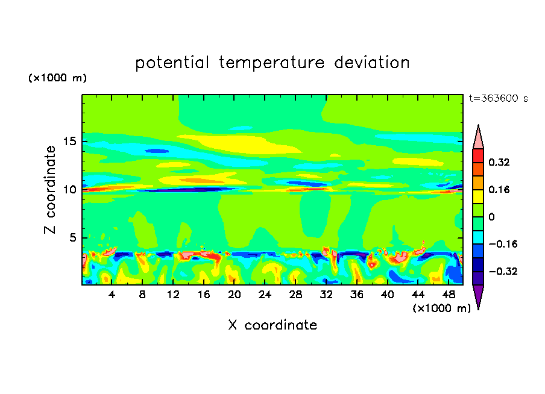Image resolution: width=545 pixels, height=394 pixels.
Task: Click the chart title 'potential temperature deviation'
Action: click(x=272, y=63)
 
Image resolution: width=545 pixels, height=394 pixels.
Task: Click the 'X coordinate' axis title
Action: click(x=272, y=325)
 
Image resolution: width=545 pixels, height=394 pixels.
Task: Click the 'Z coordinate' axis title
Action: click(x=51, y=189)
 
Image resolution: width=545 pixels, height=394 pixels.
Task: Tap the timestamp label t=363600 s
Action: click(x=498, y=99)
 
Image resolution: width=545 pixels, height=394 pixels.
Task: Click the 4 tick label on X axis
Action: click(x=112, y=295)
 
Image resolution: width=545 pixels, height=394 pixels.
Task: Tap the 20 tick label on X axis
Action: click(x=234, y=295)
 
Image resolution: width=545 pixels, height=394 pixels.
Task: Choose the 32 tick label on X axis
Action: click(x=326, y=295)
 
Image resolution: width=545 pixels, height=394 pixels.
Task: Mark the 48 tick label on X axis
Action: click(x=449, y=295)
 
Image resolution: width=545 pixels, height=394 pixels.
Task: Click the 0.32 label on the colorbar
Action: click(x=500, y=162)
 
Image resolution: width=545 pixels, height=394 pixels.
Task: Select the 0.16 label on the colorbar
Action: click(x=500, y=189)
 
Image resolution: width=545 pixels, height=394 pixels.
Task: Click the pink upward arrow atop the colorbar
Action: click(x=478, y=137)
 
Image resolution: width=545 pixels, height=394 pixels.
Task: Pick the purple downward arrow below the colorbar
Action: click(x=478, y=296)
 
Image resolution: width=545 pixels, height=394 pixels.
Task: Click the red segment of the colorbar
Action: click(x=478, y=155)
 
